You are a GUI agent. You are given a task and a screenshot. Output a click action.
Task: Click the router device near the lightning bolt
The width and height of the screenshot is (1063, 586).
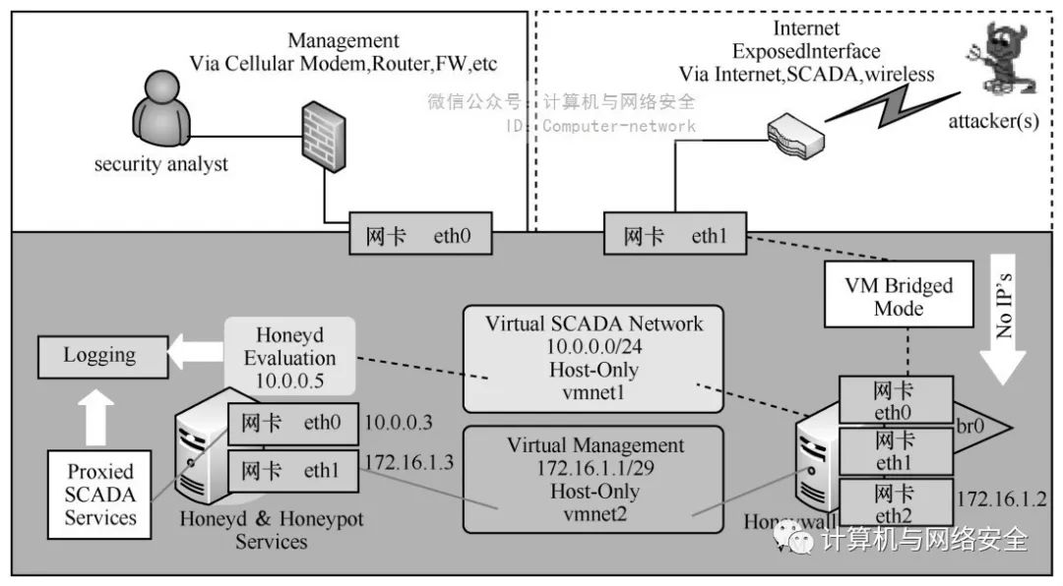point(796,137)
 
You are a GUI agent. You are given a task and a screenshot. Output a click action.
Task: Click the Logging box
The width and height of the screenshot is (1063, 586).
point(100,355)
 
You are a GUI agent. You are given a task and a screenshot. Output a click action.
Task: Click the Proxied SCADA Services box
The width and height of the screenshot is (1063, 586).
point(99,493)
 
